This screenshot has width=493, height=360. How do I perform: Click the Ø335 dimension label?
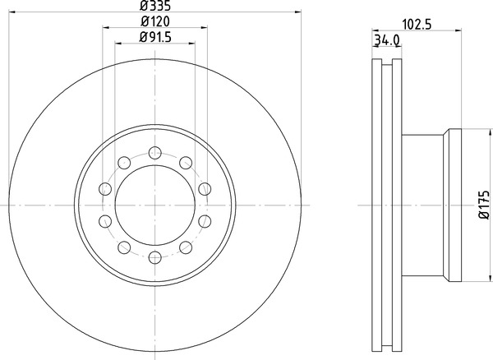click(155, 5)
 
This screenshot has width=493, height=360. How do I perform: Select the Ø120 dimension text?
click(155, 21)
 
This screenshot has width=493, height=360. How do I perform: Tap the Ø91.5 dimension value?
click(155, 38)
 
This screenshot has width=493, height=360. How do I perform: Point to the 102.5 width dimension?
click(417, 25)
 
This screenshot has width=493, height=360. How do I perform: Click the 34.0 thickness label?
click(387, 40)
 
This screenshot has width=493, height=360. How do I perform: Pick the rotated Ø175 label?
click(484, 205)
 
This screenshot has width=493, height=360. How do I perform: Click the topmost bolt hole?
click(155, 153)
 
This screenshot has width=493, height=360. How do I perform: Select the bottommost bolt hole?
click(155, 257)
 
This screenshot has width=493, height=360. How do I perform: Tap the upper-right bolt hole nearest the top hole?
click(186, 163)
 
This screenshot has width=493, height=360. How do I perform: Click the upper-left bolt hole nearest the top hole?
click(124, 163)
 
